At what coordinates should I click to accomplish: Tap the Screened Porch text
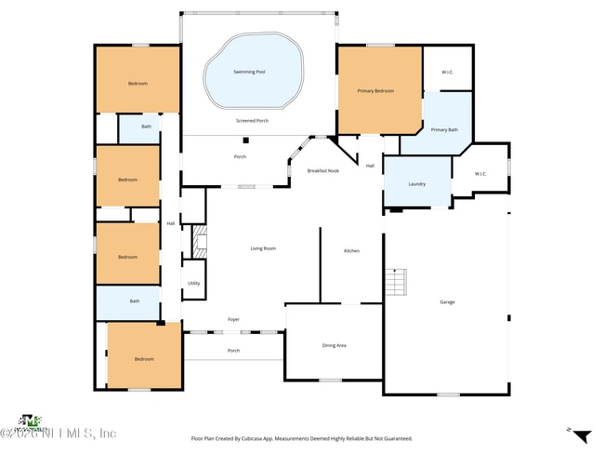(x=252, y=121)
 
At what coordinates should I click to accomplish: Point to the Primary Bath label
(x=444, y=130)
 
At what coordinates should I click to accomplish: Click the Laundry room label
(x=417, y=183)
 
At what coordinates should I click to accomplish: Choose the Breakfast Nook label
(x=323, y=171)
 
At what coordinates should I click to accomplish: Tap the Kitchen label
(x=351, y=251)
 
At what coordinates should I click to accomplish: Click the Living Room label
(x=263, y=248)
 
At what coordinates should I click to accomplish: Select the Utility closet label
(x=193, y=284)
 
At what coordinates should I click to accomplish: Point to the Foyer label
(x=234, y=320)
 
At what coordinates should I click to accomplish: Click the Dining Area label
(x=334, y=346)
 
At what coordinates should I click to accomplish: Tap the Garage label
(x=447, y=302)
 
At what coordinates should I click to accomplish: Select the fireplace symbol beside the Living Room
(x=197, y=245)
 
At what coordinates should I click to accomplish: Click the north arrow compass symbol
(x=581, y=436)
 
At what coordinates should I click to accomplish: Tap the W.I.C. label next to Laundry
(x=480, y=174)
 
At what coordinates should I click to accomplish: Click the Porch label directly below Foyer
(x=234, y=351)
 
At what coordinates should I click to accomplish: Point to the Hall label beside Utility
(x=171, y=223)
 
